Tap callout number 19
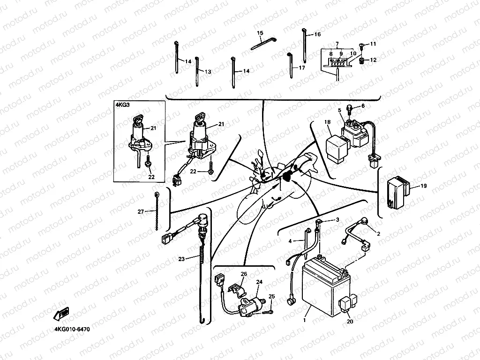[x=423, y=186]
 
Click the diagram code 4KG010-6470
[x=72, y=329]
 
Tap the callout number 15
[x=261, y=33]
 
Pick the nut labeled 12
[x=362, y=60]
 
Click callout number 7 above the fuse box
[x=337, y=44]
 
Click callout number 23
[x=181, y=258]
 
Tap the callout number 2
[x=379, y=233]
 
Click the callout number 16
[x=317, y=34]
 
